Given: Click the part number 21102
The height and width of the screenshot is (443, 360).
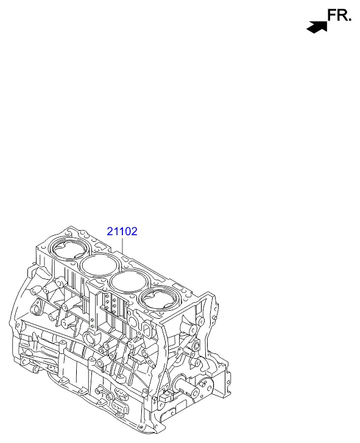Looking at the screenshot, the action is (122, 232).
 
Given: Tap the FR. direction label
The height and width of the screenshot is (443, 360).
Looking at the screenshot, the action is (339, 15).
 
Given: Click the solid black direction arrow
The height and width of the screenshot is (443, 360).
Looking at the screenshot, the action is (317, 27).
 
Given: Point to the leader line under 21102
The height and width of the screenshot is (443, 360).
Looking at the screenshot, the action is (122, 246).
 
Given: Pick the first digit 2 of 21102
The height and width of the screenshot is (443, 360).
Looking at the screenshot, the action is (110, 232).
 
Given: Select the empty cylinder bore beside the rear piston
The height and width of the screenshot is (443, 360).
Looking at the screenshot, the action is (99, 265).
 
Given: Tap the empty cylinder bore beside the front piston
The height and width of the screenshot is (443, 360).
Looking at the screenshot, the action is (129, 283).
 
